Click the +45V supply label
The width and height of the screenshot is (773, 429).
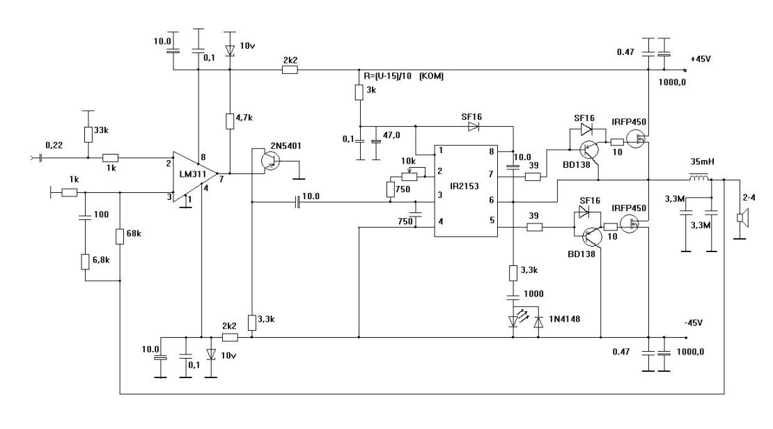click(701, 59)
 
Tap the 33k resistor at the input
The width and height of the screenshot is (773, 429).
click(88, 134)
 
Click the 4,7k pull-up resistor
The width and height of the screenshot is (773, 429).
click(231, 122)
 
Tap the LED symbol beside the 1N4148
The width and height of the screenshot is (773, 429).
click(515, 322)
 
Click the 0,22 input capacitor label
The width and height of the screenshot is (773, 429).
click(54, 144)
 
